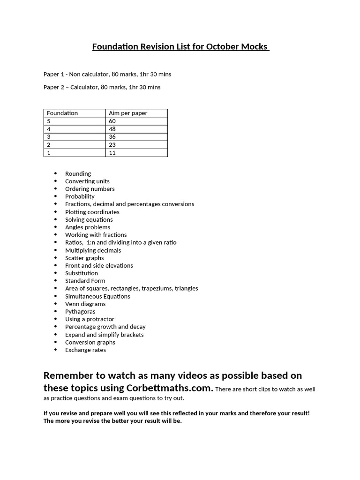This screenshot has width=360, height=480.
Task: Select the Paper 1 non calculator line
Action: pos(104,74)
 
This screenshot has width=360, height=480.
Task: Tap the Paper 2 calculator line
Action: pos(102,87)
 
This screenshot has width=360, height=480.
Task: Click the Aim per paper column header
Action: pos(128,113)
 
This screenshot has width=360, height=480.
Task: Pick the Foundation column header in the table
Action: pos(62,113)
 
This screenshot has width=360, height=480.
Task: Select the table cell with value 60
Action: pos(112,121)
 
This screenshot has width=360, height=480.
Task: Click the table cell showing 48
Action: pos(112,129)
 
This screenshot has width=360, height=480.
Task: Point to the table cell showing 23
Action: pos(112,145)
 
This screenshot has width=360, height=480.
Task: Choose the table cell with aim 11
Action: pos(112,153)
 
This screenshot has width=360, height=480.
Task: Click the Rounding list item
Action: pos(78,173)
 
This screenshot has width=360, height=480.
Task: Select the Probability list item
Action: pos(80,196)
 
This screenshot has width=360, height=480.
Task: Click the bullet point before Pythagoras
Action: pos(55,311)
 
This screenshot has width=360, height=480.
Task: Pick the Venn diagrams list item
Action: pos(85,304)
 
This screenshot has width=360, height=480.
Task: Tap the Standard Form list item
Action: pos(85,281)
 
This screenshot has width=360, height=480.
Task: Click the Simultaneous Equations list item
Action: pos(97,296)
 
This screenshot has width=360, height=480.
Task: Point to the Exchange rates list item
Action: pos(85,350)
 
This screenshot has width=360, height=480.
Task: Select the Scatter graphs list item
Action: pos(84,258)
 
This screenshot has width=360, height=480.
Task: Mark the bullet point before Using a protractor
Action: pos(55,319)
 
